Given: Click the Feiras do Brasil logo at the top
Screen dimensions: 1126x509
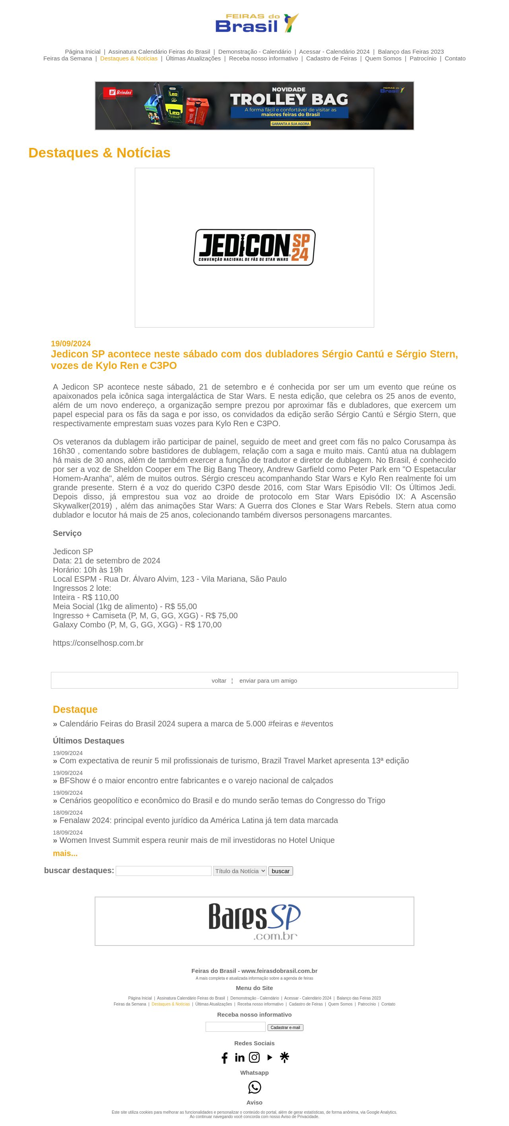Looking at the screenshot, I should coord(256,23).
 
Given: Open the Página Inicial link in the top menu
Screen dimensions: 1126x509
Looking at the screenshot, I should coord(83,52).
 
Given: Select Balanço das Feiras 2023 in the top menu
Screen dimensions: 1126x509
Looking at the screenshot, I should coord(411,52).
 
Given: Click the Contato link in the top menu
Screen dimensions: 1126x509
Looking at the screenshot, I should coord(455,58).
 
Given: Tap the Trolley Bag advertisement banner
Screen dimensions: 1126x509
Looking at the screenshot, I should coord(254,106).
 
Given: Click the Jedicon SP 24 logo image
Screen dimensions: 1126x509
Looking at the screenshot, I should coord(254,247).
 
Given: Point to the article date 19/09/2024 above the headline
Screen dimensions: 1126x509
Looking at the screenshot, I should coord(71,344).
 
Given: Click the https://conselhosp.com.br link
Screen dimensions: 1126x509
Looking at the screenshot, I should coord(98,643).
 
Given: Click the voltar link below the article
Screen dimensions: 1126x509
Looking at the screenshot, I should coord(219,681).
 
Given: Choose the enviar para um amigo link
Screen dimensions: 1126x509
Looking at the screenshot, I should coord(268,681).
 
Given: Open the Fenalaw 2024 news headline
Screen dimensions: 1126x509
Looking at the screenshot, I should coord(198,821).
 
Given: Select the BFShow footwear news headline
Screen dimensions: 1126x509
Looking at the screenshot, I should coord(196,780).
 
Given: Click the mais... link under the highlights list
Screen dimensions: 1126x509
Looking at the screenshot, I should coord(65,853).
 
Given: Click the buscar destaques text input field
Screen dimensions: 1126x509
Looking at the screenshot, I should coord(163,871).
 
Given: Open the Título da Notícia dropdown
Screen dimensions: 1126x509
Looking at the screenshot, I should coord(240,871).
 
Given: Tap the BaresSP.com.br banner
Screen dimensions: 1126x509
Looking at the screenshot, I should coord(254,921).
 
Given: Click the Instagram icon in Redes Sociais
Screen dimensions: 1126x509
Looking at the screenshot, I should coord(254,1057).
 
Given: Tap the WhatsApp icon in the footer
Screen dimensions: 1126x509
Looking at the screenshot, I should coord(254,1087).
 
